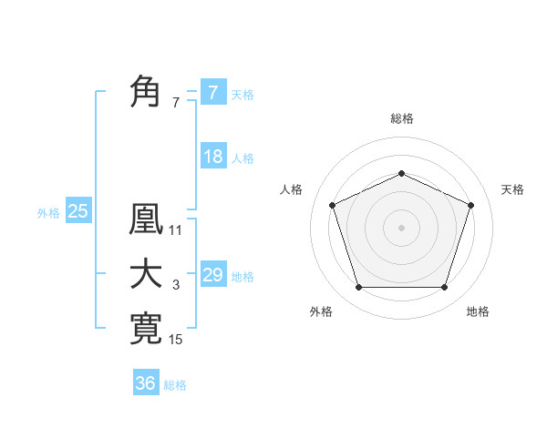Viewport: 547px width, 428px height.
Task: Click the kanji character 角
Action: point(146,92)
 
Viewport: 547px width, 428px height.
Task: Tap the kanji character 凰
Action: point(146,220)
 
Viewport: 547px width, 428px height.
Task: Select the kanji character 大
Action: point(146,274)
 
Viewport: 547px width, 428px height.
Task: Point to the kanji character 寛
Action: point(146,329)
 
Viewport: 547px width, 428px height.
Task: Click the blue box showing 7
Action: point(212,92)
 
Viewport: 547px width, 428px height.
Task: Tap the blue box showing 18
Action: point(212,157)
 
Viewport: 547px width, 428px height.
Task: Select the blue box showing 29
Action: point(212,274)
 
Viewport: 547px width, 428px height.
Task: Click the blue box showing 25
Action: point(77,211)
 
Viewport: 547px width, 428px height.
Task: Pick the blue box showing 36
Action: point(145,383)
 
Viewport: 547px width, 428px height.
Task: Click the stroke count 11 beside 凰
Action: point(176,230)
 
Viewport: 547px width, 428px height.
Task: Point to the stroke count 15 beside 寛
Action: point(176,340)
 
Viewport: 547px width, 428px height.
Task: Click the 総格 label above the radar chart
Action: point(401,119)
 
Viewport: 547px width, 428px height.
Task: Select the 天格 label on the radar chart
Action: point(512,189)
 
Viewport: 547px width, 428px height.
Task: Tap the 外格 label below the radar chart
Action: point(321,311)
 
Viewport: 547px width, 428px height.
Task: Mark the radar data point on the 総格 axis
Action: point(401,173)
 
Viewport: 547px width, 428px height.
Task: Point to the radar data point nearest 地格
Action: point(444,288)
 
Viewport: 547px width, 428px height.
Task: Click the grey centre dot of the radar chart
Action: point(401,227)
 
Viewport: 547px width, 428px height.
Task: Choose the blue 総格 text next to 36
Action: point(175,385)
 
